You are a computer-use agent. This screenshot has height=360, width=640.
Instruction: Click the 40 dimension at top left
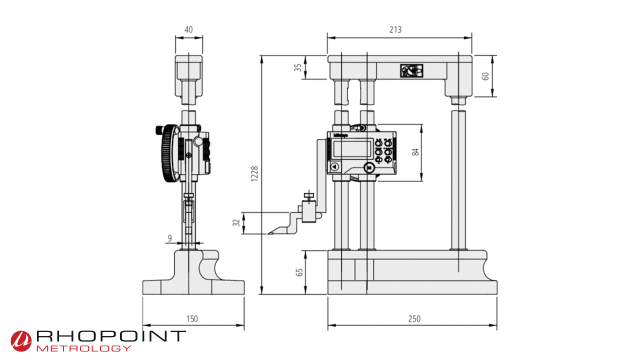(x=188, y=29)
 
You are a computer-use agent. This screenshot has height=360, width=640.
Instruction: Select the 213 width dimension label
(x=395, y=29)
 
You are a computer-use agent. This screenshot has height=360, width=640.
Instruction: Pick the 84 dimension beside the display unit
(x=415, y=152)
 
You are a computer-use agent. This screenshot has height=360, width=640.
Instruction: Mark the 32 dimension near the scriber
(x=236, y=223)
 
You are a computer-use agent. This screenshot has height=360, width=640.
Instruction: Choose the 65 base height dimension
(x=299, y=272)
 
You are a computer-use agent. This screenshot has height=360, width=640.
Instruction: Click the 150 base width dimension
(x=192, y=318)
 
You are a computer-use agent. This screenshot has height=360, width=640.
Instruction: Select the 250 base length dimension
(x=414, y=318)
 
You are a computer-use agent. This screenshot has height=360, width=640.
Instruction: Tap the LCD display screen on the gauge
(x=350, y=148)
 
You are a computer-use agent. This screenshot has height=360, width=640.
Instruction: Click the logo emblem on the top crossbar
(x=411, y=71)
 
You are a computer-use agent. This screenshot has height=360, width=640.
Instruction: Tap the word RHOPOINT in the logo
(x=111, y=336)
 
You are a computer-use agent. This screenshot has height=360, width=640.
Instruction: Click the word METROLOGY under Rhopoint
(x=84, y=348)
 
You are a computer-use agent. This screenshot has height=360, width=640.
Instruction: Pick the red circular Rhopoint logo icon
(x=21, y=340)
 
